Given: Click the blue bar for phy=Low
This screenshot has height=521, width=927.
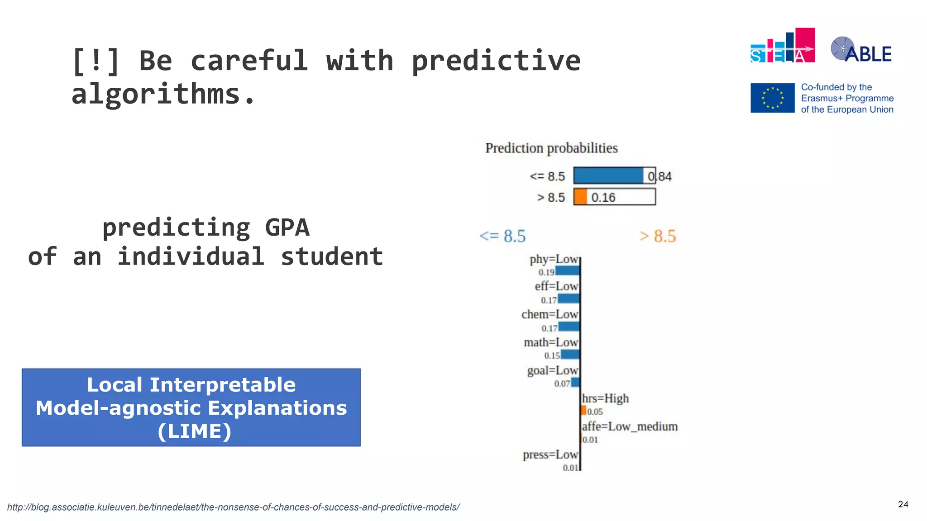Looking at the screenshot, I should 567,271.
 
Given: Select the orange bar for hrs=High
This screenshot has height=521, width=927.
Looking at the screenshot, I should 584,411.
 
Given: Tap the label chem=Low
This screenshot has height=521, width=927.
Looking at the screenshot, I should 550,314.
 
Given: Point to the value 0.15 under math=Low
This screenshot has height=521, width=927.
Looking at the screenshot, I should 552,356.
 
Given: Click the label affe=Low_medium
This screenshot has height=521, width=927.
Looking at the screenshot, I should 630,426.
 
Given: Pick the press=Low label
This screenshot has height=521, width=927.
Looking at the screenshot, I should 550,455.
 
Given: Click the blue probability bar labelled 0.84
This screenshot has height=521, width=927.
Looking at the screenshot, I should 608,175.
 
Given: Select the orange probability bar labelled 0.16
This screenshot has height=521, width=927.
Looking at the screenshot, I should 580,197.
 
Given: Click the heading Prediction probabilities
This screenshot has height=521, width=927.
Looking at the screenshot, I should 551,148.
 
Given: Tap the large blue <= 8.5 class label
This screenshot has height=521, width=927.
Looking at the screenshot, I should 502,236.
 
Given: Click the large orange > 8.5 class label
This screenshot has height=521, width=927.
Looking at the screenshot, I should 657,236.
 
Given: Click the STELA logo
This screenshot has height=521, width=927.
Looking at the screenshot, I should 782,46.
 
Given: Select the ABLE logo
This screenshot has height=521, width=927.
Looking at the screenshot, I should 861,50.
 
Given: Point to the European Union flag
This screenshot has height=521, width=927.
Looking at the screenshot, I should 772,98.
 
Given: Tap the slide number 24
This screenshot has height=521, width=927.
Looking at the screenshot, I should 903,504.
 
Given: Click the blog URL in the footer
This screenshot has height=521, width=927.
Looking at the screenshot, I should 233,507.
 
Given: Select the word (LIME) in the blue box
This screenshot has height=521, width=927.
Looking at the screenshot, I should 195,431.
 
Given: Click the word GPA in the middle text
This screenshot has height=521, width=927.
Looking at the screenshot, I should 287,227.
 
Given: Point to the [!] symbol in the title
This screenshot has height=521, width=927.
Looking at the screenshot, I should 96,61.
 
